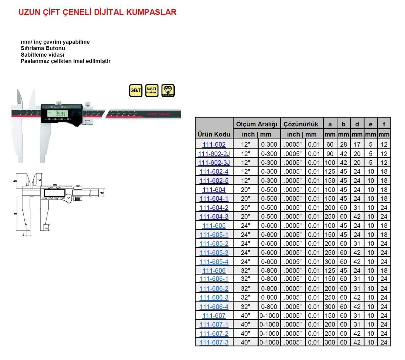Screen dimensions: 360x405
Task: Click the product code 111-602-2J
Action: pos(214,154)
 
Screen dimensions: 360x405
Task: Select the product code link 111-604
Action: pos(214,190)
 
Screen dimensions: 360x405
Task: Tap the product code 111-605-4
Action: pos(214,262)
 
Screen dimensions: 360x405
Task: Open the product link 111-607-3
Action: pos(214,342)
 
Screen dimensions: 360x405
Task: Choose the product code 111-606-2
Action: pos(214,289)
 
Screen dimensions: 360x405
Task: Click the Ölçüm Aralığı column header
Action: pos(257,124)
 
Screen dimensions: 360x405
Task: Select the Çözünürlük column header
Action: pos(301,124)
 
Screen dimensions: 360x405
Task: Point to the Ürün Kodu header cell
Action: pos(214,134)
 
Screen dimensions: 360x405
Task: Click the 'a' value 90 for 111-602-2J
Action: pos(330,154)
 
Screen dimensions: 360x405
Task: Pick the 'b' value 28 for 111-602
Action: pos(343,144)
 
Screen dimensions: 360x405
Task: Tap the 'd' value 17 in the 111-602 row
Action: pos(357,144)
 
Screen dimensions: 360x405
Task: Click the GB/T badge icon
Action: pos(136,91)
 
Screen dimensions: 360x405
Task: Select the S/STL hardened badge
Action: pos(152,91)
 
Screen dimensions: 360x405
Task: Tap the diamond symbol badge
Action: pos(168,91)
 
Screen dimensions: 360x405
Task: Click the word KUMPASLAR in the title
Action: pos(151,12)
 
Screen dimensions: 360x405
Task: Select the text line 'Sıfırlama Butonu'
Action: pos(43,48)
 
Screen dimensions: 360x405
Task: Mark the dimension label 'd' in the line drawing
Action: pos(102,192)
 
